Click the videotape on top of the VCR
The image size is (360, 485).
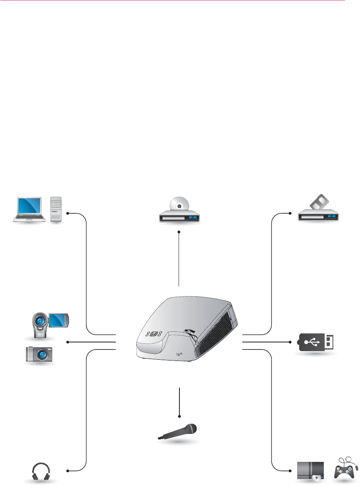[x=318, y=204]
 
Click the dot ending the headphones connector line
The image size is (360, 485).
[x=68, y=470]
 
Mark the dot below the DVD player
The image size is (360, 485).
[x=179, y=232]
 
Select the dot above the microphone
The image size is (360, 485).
[x=179, y=416]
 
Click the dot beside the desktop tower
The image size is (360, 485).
[x=68, y=213]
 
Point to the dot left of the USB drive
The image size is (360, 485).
[x=290, y=342]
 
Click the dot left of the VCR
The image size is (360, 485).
[x=290, y=213]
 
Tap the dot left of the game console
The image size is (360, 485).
[x=290, y=470]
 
